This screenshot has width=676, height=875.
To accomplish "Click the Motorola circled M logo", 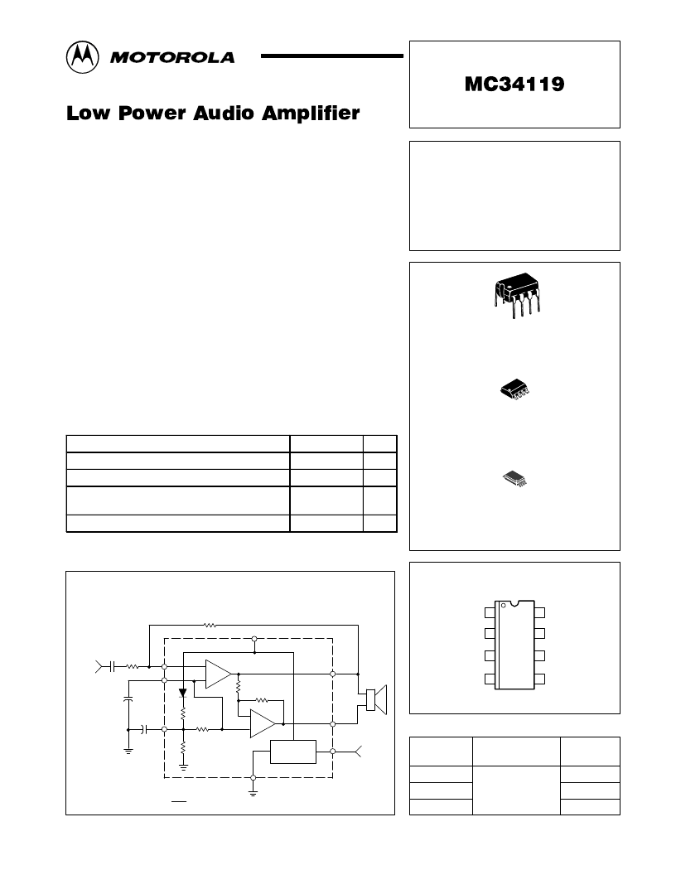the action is [83, 57].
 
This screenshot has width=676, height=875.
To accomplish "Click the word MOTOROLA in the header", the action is [172, 57].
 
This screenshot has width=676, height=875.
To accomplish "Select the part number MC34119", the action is [514, 85].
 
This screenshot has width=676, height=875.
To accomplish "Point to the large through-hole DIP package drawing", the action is [517, 295].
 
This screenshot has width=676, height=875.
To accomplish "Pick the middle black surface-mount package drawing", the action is [514, 389].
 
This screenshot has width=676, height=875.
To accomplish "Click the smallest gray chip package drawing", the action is [514, 478].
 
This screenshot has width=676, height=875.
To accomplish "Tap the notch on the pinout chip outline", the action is [514, 603].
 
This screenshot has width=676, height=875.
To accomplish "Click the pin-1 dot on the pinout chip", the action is [503, 605].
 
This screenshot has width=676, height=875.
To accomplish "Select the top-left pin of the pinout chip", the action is [490, 612].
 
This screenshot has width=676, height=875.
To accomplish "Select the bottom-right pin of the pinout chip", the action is [539, 679].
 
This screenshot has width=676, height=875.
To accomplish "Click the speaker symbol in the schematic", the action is [376, 700].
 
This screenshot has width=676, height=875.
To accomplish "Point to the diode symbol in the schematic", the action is [182, 693].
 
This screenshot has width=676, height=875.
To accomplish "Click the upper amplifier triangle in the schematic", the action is [218, 674].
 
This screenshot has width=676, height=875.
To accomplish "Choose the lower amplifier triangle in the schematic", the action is [263, 723].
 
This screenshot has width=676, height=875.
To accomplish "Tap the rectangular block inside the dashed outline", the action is [292, 752].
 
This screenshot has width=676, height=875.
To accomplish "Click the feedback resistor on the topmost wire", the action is [210, 626].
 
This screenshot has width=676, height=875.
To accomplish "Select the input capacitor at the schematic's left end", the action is [112, 666].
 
